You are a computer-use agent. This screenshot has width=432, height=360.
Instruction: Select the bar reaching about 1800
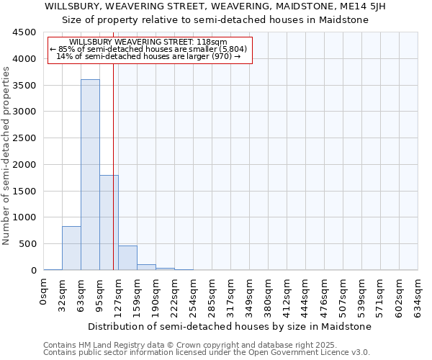pos(109,222)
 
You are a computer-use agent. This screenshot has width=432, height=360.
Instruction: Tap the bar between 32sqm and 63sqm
pos(71,248)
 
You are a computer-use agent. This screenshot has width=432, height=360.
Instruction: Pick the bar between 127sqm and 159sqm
pos(127,258)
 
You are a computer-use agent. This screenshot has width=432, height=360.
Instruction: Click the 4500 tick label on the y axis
pos(24,32)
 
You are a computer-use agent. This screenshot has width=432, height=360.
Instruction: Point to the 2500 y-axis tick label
pos(24,138)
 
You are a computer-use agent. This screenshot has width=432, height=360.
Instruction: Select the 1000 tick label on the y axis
pos(24,217)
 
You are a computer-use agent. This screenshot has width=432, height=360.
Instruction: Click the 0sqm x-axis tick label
pos(44,292)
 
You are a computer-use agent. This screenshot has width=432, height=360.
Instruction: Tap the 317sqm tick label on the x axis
pos(231,294)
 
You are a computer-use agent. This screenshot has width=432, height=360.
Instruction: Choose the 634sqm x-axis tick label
pos(418,294)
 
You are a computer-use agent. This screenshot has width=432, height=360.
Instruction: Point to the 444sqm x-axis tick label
pos(306,294)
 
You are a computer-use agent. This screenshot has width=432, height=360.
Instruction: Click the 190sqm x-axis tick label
pos(156,294)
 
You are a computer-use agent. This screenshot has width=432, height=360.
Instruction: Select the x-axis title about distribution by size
pos(230,326)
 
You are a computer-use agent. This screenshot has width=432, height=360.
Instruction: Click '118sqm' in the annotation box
pos(214,42)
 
